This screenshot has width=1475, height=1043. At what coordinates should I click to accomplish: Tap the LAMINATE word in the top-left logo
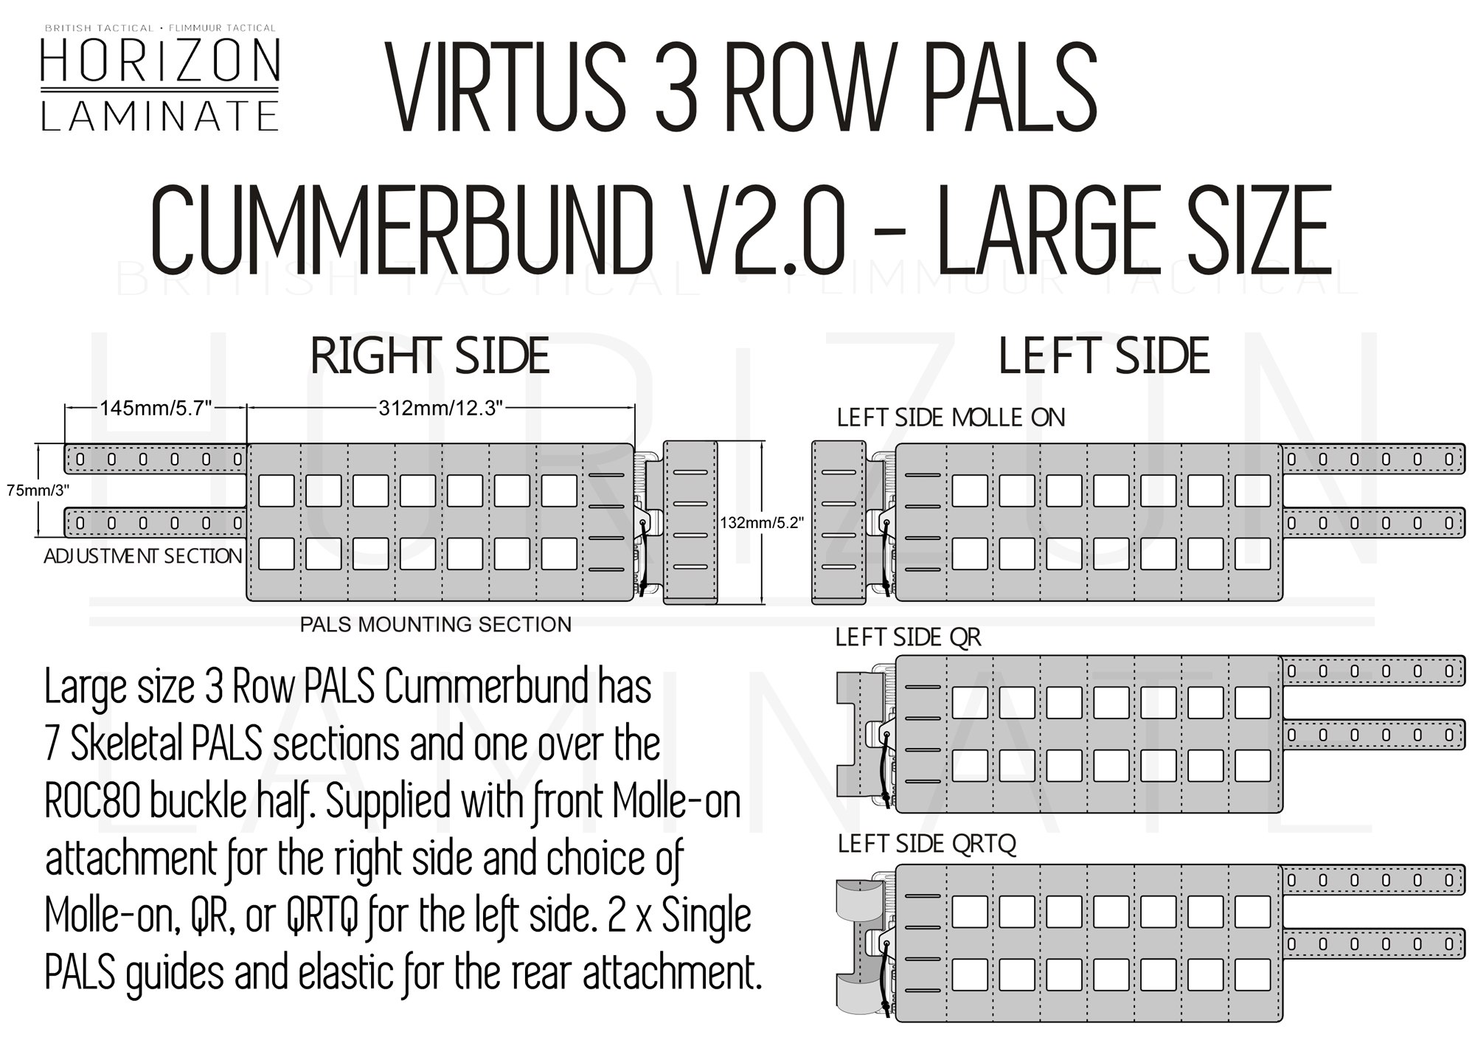[160, 116]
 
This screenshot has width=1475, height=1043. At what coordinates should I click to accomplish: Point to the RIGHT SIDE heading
[430, 356]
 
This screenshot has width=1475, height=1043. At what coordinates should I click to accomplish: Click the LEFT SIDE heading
[1104, 356]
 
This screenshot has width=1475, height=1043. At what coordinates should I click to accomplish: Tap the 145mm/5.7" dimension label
[156, 408]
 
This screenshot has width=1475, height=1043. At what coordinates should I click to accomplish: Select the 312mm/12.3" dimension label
[440, 408]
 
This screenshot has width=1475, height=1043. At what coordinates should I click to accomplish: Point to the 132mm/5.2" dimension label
[762, 523]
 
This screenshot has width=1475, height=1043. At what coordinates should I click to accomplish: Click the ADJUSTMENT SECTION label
[143, 556]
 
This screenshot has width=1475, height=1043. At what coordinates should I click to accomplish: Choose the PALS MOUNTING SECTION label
[435, 625]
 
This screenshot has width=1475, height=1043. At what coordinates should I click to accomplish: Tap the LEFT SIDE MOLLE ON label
[951, 418]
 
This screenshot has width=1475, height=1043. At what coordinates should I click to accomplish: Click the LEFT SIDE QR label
[908, 637]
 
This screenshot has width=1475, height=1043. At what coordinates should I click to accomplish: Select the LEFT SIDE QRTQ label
[926, 843]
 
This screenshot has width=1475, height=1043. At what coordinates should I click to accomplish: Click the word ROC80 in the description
[92, 801]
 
